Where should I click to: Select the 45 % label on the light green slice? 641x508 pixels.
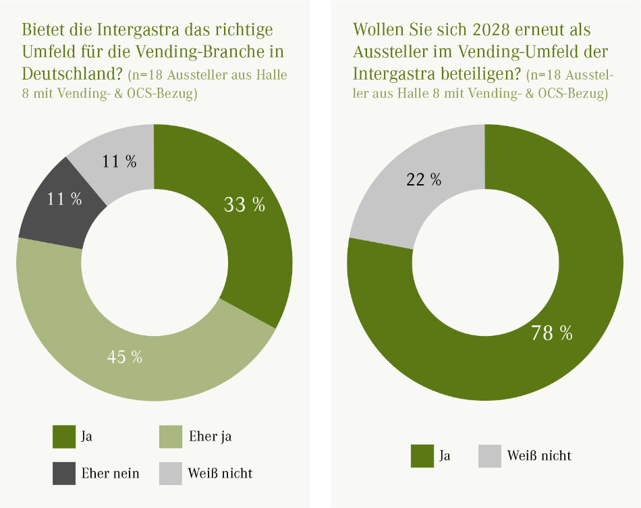(x=125, y=357)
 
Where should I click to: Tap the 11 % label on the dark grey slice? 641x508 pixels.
(x=64, y=199)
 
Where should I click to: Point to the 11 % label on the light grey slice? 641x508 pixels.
(x=119, y=162)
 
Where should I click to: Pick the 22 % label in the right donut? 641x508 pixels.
(x=424, y=179)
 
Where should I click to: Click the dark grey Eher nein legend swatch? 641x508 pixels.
(x=63, y=473)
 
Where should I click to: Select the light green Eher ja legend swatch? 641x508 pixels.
(x=170, y=436)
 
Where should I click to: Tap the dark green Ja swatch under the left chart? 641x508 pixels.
(x=63, y=436)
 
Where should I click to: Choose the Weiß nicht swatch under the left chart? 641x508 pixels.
(x=170, y=473)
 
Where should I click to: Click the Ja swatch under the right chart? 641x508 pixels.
(x=422, y=455)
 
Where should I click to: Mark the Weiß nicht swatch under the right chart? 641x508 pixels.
(x=489, y=455)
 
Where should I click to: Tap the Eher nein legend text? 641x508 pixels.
(x=110, y=473)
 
